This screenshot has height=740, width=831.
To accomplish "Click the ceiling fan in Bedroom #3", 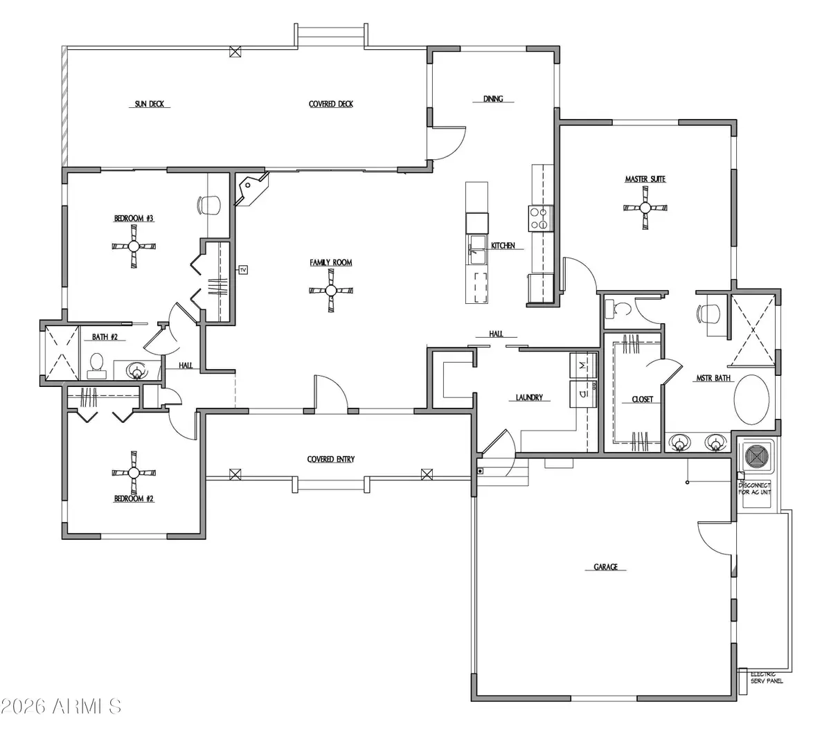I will coord(134,246).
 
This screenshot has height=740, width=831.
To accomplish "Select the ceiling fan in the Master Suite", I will coord(645,207).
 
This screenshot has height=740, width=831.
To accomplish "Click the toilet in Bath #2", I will coord(96,365).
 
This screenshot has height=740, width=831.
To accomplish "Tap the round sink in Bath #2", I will coord(137,372).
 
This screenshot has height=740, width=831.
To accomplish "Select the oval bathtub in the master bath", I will coord(751,400).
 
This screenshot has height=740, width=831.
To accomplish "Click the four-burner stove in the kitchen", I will coord(540,219).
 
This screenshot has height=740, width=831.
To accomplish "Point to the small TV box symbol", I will coord(243,269).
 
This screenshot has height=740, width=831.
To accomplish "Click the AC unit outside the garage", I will coord(755,456).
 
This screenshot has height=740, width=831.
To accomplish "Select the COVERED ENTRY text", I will coord(331,459).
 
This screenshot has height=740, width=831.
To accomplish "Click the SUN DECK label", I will coord(150,105).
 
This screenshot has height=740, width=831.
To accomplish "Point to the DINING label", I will coord(493,99).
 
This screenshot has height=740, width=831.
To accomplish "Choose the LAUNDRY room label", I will coord(529,398).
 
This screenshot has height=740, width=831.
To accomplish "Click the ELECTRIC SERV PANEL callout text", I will coord(767,678).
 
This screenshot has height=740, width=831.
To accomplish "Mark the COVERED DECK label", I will coord(331,105).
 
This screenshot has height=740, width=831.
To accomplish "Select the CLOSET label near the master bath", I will coord(642,399).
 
